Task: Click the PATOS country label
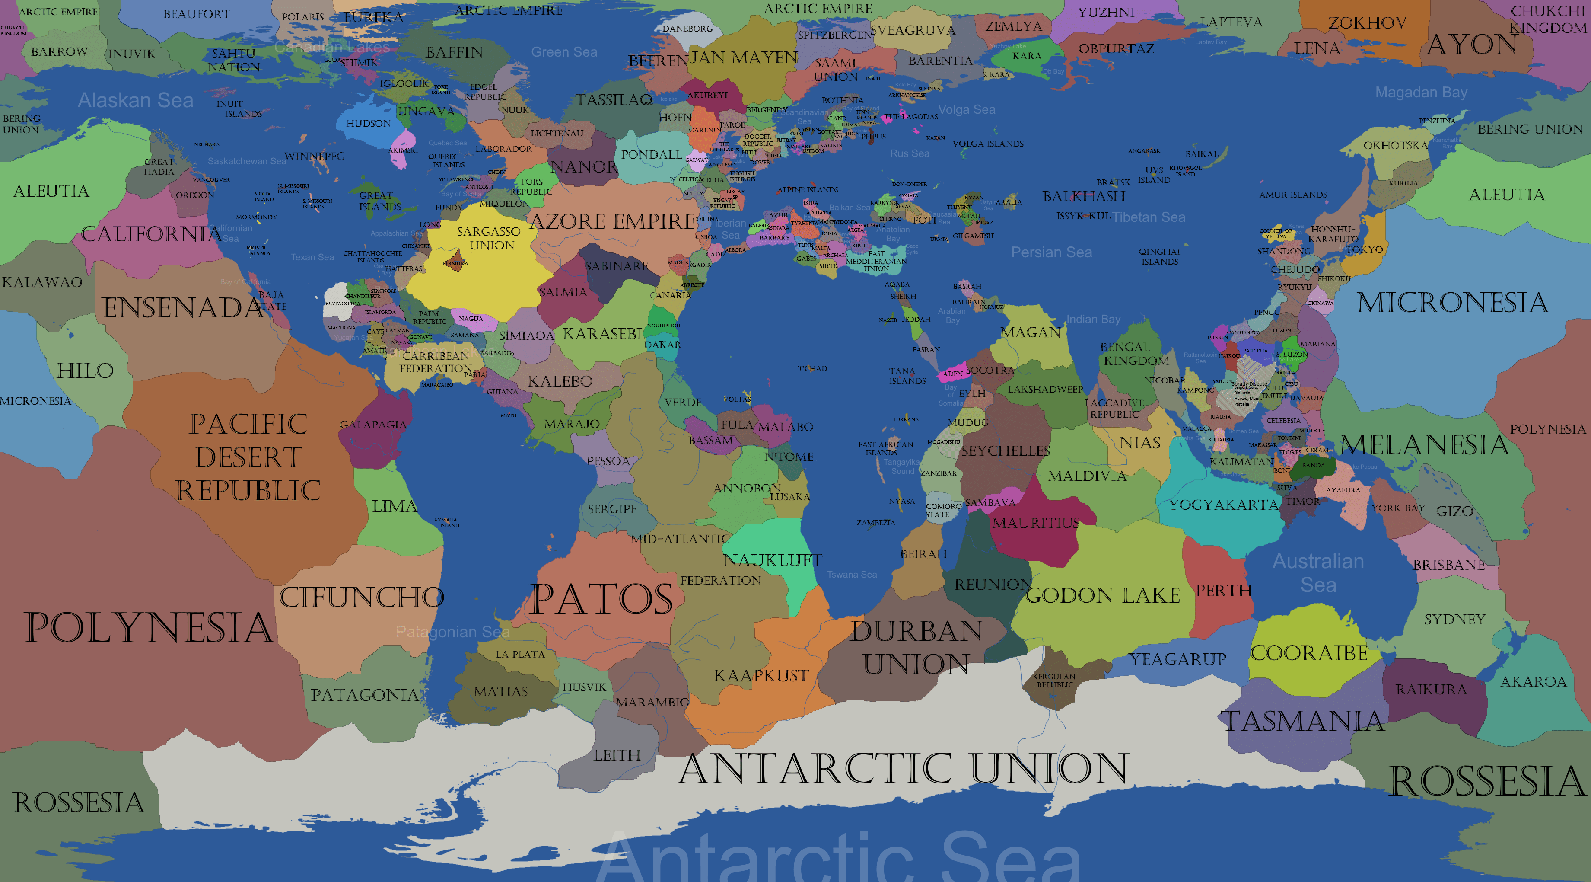[x=601, y=599]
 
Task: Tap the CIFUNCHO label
[x=361, y=597]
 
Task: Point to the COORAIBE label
[x=1309, y=653]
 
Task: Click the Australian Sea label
[x=1318, y=572]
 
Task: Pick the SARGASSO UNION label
[x=489, y=238]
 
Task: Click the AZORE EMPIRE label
[x=613, y=221]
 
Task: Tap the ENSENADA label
[x=183, y=308]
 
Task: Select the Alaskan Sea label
[x=135, y=100]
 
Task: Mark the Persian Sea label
[x=1051, y=252]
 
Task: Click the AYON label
[x=1472, y=45]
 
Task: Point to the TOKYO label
[x=1364, y=250]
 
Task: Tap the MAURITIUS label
[x=1036, y=523]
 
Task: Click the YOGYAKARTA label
[x=1223, y=505]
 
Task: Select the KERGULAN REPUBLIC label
[x=1054, y=681]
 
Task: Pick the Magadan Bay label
[x=1421, y=93]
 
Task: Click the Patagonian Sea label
[x=453, y=632]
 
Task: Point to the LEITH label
[x=617, y=755]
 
